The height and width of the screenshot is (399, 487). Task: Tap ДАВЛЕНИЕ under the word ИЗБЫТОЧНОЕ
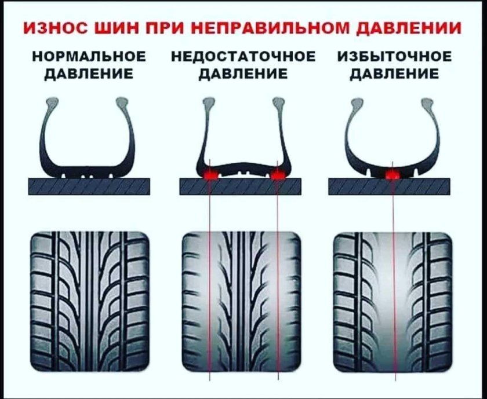pyautogui.click(x=394, y=74)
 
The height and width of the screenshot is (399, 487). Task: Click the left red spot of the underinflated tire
pyautogui.click(x=210, y=173)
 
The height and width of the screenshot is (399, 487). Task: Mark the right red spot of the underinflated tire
pyautogui.click(x=279, y=173)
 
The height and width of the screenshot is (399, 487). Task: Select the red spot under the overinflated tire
pyautogui.click(x=393, y=173)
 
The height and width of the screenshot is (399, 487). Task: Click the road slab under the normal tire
pyautogui.click(x=89, y=186)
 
